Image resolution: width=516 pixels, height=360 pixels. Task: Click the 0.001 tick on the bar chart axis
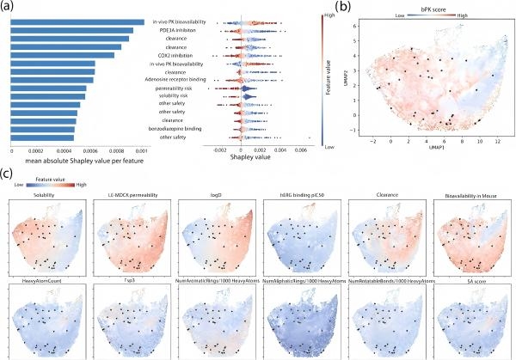141,149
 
